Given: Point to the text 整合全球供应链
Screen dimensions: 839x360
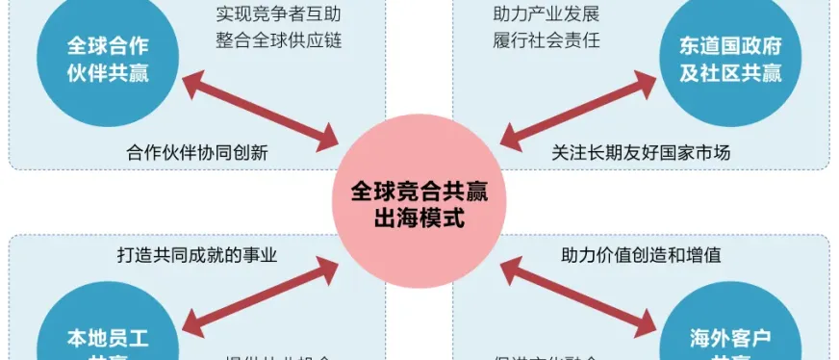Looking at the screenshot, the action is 278,41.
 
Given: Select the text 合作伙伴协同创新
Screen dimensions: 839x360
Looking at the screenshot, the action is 196,152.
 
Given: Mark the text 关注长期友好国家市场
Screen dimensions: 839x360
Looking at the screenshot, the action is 641,152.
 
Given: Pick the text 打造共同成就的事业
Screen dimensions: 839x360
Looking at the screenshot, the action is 196,255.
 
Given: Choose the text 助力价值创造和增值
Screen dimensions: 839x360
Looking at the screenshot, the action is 641,255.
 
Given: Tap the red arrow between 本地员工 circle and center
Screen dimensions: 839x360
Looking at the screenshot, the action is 261,295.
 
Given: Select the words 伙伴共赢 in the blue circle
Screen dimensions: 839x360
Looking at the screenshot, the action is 107,72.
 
